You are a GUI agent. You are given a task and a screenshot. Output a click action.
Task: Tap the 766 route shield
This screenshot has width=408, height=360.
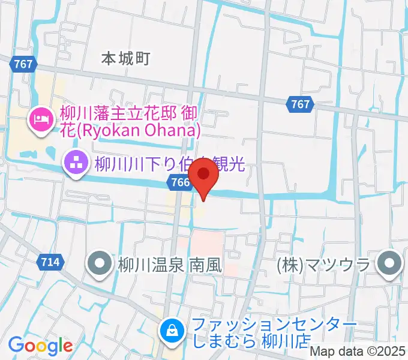coord(176,183)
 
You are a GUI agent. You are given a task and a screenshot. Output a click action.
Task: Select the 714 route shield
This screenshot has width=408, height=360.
coord(51,262)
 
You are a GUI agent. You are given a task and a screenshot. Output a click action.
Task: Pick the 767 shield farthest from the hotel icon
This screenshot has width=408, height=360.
coord(300,104)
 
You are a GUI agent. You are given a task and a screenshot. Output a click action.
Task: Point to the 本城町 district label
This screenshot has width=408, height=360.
coord(125,58)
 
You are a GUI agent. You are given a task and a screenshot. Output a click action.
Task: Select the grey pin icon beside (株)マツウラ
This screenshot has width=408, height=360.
coord(391,263)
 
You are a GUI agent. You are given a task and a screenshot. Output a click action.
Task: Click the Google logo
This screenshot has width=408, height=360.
coord(40,346)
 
